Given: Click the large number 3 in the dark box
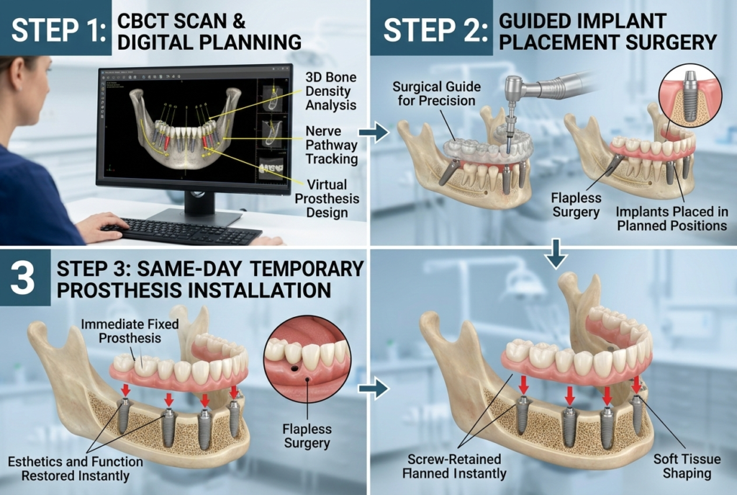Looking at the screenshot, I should (x=22, y=278).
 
